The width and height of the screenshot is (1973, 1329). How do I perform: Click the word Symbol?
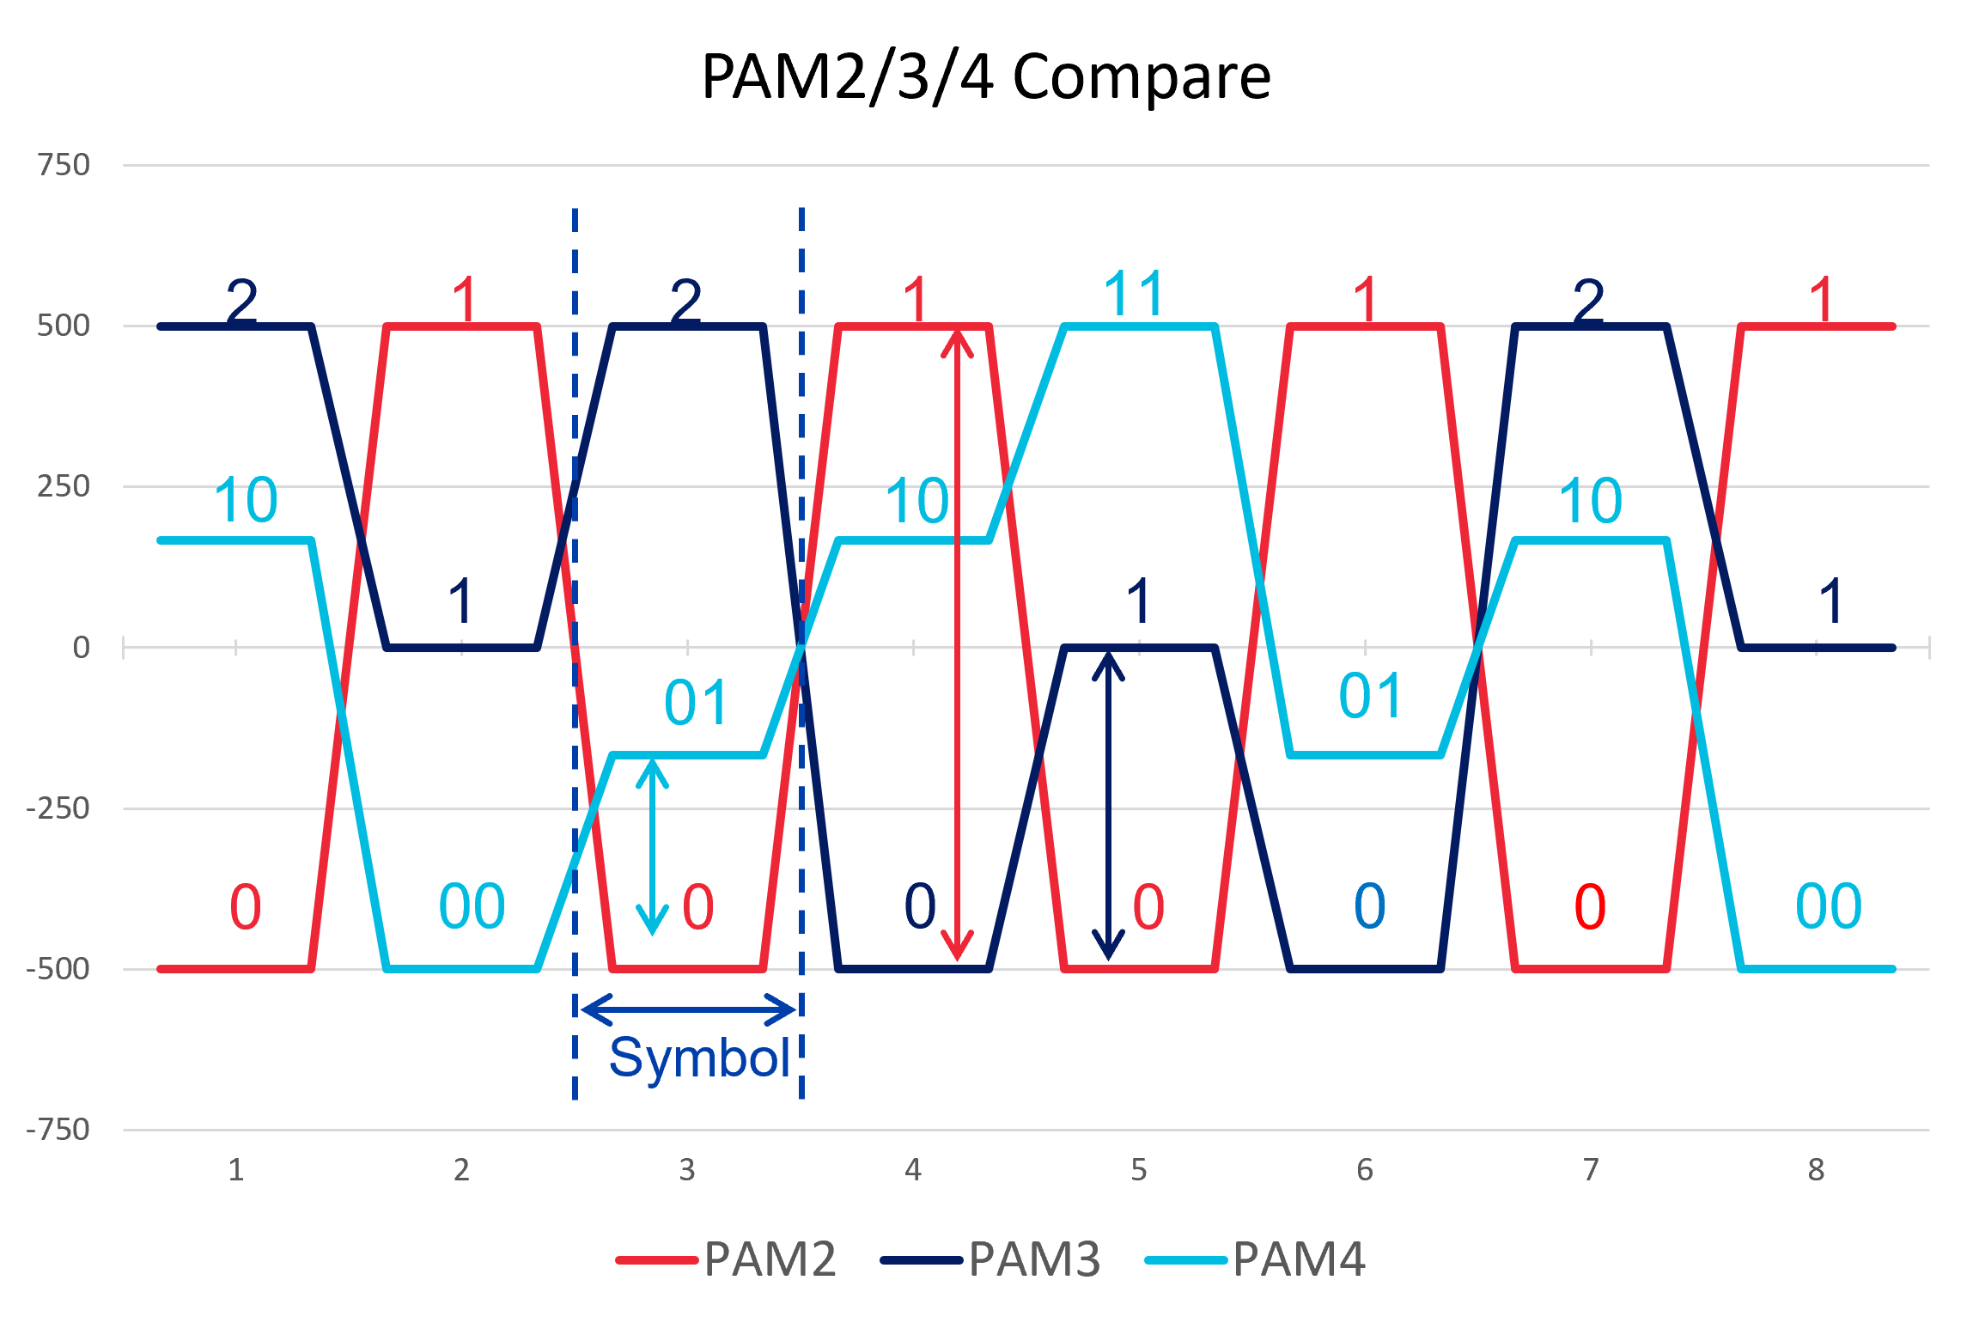click(699, 1058)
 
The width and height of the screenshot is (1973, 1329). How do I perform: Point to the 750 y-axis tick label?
click(64, 164)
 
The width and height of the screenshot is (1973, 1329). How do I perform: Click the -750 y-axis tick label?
click(58, 1130)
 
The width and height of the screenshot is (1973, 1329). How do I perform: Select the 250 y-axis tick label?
click(64, 486)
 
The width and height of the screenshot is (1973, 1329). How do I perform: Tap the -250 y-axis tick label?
click(58, 808)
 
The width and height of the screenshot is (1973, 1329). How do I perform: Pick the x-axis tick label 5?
click(1139, 1170)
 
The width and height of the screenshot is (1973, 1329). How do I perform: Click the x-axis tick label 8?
click(1816, 1170)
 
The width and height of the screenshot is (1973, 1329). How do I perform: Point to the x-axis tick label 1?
click(236, 1170)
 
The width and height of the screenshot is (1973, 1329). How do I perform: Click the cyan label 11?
click(1134, 295)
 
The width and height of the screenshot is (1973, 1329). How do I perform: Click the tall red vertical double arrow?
click(957, 644)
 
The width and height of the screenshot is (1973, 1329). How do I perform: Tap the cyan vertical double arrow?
click(652, 846)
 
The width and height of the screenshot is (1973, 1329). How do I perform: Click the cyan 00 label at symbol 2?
click(472, 906)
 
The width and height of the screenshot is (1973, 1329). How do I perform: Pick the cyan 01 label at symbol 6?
click(1370, 695)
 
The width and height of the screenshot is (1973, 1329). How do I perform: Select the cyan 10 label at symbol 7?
click(1590, 501)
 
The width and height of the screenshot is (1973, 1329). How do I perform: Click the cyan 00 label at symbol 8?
click(1828, 906)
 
